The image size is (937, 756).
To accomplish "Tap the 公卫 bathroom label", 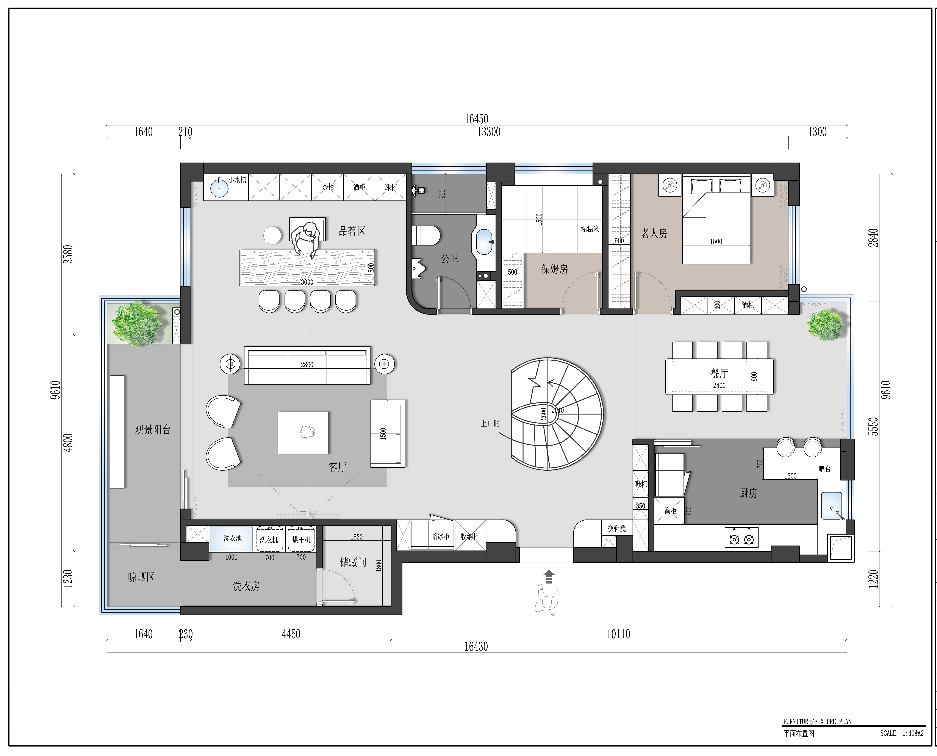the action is [450, 259].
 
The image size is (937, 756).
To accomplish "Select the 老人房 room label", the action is [654, 234].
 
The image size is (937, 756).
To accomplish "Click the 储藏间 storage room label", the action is [353, 563].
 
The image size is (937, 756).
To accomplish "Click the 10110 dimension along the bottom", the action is [618, 634].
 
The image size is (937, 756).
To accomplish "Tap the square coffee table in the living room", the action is [303, 433].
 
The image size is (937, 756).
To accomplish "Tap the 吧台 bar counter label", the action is [825, 469].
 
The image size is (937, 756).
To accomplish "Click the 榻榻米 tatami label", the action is [590, 229].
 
